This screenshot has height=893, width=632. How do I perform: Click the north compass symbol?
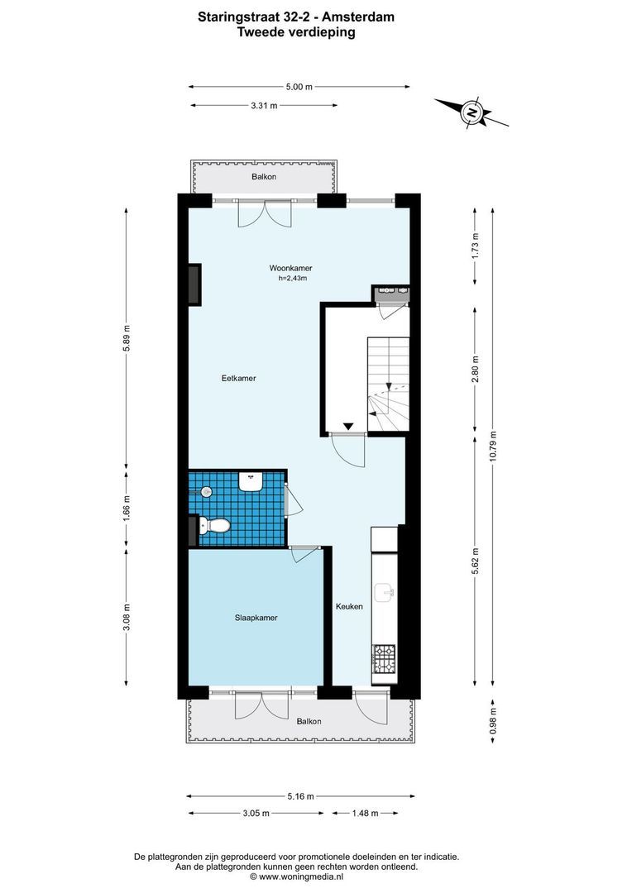[472, 112]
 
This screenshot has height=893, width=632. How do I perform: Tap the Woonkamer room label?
[290, 268]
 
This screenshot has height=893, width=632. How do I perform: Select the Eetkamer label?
[238, 379]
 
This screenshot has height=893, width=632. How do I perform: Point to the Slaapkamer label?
[255, 618]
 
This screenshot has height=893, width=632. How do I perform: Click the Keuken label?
[349, 607]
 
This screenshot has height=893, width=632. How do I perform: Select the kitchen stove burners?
[384, 659]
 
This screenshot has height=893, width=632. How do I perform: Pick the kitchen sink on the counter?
[385, 592]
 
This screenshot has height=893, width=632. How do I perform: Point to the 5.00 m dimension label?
[299, 86]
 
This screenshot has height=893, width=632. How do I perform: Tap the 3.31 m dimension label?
[263, 105]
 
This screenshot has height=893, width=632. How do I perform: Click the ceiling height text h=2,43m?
[293, 279]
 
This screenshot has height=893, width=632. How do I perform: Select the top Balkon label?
[264, 178]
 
